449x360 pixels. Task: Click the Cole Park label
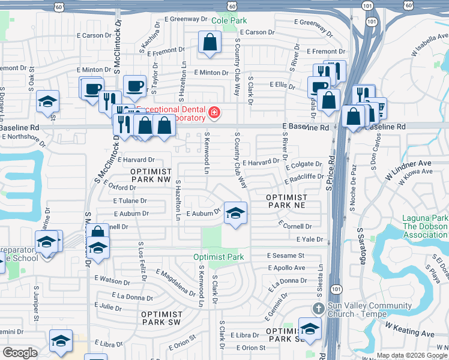click(x=229, y=20)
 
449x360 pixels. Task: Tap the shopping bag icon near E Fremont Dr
click(x=209, y=43)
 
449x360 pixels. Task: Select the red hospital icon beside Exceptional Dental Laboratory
click(x=213, y=113)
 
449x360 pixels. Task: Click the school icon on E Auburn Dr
click(x=235, y=212)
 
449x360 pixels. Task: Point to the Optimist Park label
click(x=218, y=257)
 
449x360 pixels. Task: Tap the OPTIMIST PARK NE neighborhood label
click(x=287, y=201)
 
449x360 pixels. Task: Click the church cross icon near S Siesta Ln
click(x=319, y=308)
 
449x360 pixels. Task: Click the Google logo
click(x=20, y=353)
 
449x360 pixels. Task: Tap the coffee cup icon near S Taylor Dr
click(x=134, y=86)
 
